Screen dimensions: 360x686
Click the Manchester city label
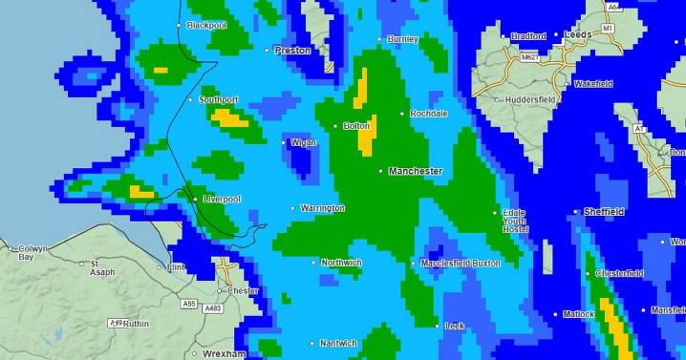(416, 171)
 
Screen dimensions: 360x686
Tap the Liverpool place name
(222, 199)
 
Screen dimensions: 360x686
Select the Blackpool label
(206, 25)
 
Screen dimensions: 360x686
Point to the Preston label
(292, 50)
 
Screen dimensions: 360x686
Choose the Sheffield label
(604, 212)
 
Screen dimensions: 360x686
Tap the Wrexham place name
(225, 353)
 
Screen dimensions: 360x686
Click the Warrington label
(323, 207)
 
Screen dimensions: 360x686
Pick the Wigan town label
(303, 142)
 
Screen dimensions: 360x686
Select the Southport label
(218, 99)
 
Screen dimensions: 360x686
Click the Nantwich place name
(338, 343)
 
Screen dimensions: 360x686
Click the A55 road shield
(189, 304)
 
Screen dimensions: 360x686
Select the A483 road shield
(214, 307)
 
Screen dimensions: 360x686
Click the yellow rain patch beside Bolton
(367, 136)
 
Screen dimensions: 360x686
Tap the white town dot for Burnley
(381, 39)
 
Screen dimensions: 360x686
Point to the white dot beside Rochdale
(402, 114)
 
